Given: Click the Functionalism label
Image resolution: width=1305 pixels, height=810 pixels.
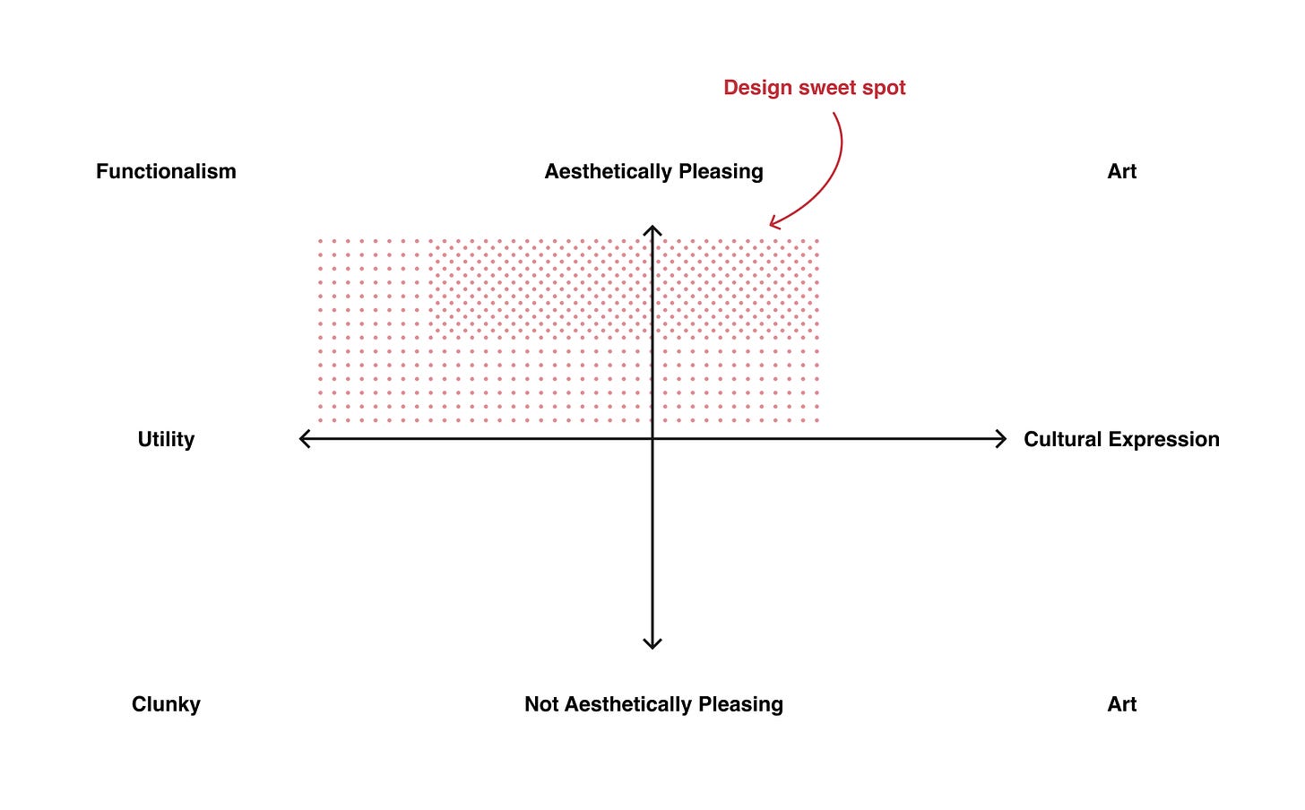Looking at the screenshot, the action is point(166,171).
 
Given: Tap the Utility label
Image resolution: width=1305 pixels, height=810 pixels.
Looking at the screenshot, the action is point(166,439).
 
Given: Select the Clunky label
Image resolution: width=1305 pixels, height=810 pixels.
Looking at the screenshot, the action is point(166,704).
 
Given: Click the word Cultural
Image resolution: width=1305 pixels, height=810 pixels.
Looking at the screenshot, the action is point(1062,439).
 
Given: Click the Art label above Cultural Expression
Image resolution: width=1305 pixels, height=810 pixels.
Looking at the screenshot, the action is point(1121,171).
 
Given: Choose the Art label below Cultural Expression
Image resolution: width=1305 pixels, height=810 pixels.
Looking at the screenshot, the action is point(1121,704).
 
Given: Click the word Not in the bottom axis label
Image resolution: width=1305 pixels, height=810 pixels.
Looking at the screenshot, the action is point(541,704).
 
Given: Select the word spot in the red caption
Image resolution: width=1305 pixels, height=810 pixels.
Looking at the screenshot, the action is point(884,88).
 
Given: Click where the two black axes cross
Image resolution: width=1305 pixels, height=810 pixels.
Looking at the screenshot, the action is point(652,438).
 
